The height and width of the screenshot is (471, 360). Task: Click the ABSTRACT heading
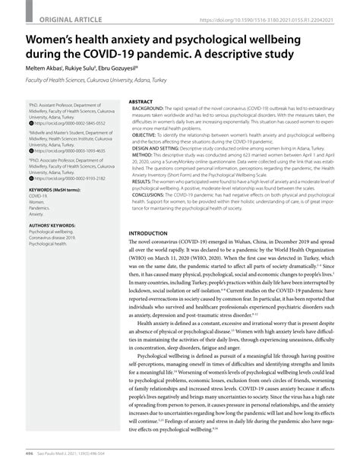tap(141, 100)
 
